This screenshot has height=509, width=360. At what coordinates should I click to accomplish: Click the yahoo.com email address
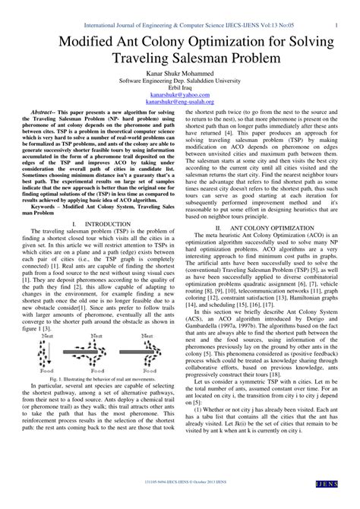(179, 95)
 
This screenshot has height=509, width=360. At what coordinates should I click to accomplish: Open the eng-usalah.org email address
(179, 103)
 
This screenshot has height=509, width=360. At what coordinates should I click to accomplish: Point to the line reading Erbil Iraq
(179, 87)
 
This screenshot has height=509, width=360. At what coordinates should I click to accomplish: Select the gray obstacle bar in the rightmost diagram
(147, 351)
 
